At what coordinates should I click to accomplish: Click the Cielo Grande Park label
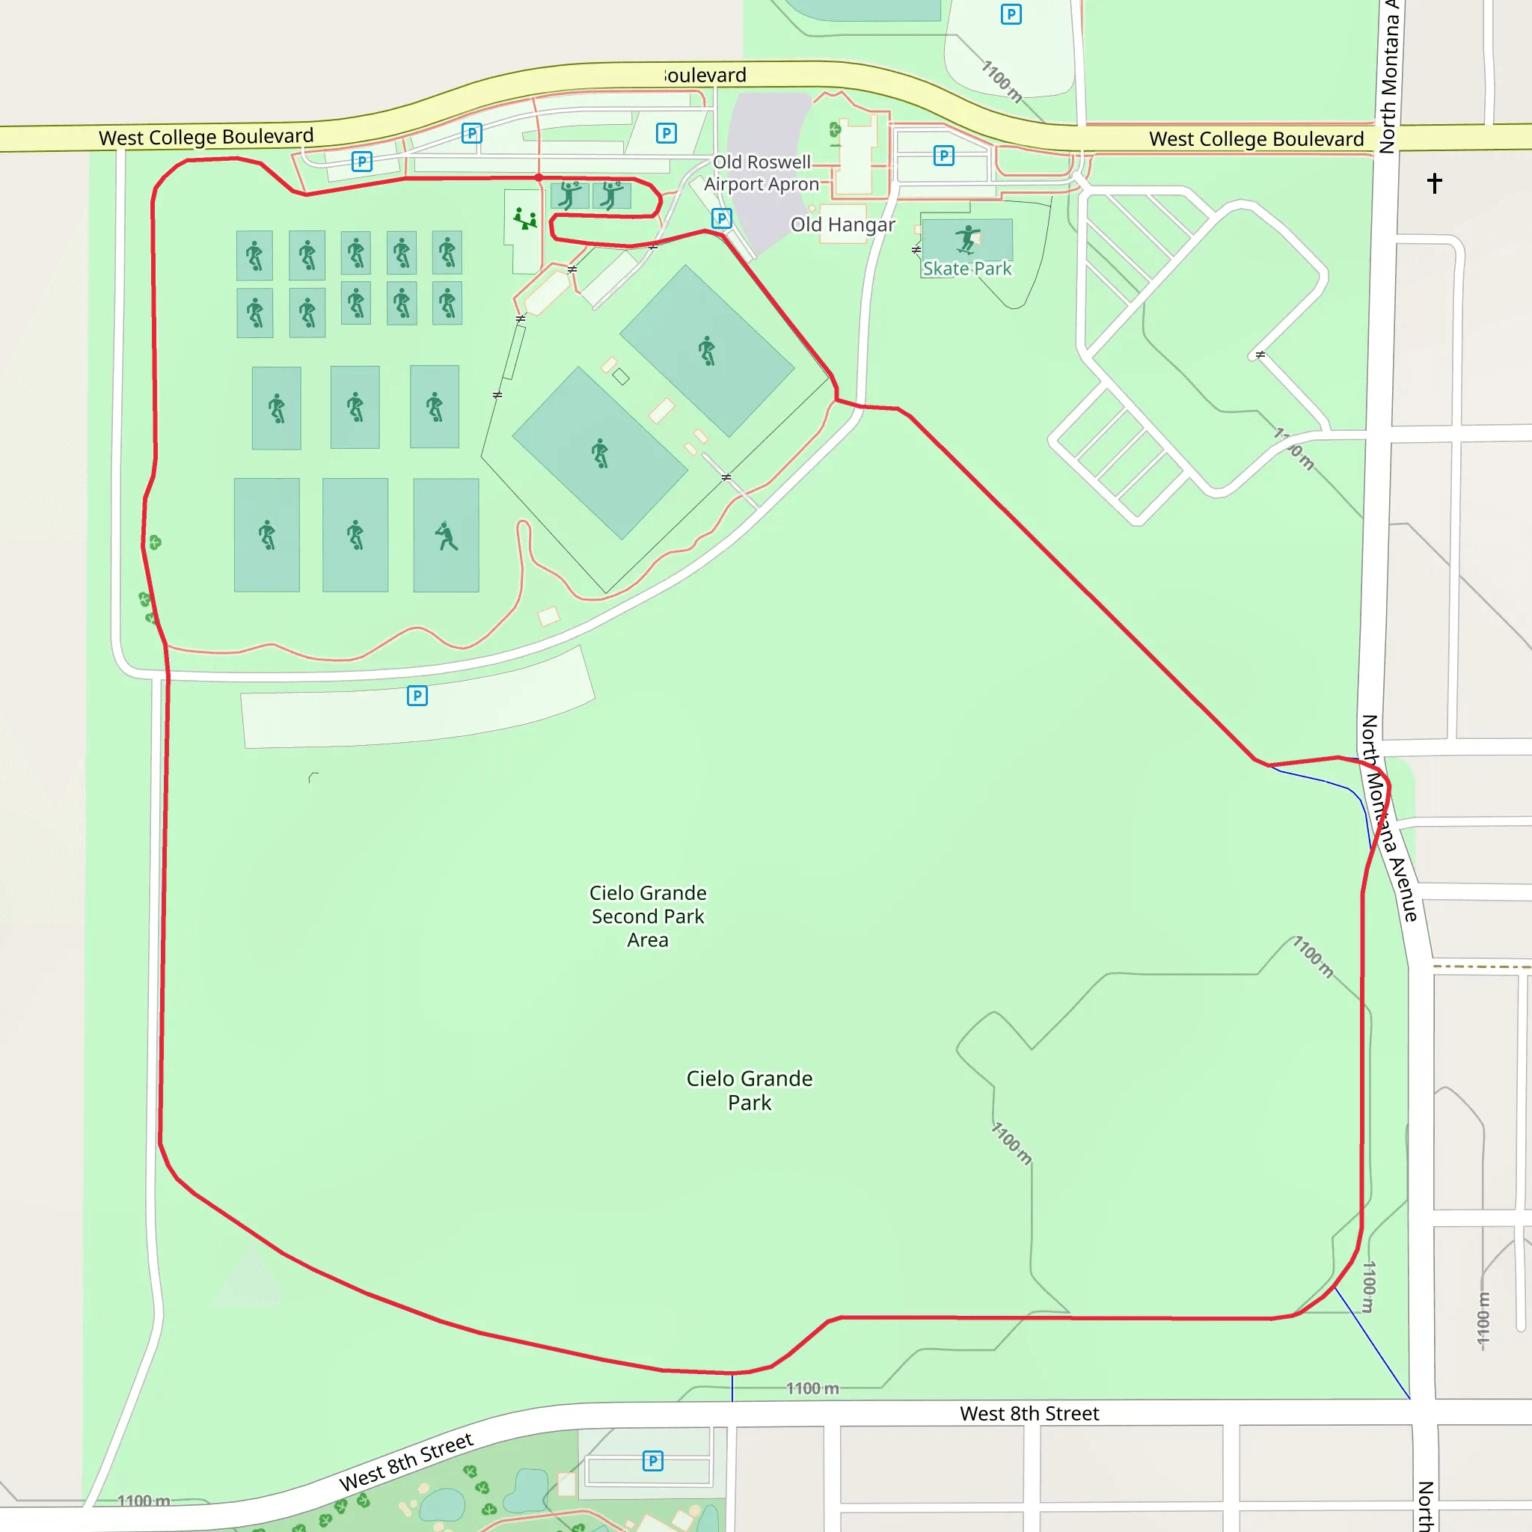[750, 1091]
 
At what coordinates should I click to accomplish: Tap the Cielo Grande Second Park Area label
[648, 916]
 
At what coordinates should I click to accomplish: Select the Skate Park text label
[966, 269]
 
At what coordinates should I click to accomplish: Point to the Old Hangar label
[842, 224]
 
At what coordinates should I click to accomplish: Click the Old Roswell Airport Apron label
[762, 173]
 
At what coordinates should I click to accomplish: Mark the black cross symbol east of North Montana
[1435, 183]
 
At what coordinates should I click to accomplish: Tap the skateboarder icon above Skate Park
[967, 238]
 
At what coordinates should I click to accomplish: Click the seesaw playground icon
[524, 218]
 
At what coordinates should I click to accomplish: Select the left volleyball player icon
[569, 194]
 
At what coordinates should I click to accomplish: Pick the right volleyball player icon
[611, 194]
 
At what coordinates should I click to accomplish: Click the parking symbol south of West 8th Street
[652, 1461]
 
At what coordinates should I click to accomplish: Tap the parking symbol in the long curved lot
[417, 696]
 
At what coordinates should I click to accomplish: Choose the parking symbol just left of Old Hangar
[722, 218]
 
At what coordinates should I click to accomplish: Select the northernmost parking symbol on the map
[1011, 14]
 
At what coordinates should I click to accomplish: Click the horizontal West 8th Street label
[1029, 1414]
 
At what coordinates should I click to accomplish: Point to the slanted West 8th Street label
[406, 1462]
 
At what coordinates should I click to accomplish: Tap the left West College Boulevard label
[206, 137]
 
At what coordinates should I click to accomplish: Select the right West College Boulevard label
[1256, 140]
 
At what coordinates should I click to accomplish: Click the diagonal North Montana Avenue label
[1388, 818]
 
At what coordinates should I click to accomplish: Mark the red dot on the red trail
[539, 177]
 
